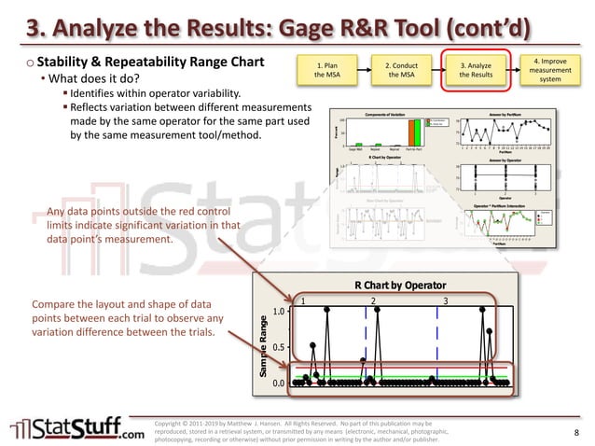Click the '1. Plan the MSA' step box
click(326, 70)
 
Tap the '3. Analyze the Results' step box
click(480, 70)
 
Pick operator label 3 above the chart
click(446, 300)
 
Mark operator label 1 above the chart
click(302, 300)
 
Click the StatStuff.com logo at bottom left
click(77, 428)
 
